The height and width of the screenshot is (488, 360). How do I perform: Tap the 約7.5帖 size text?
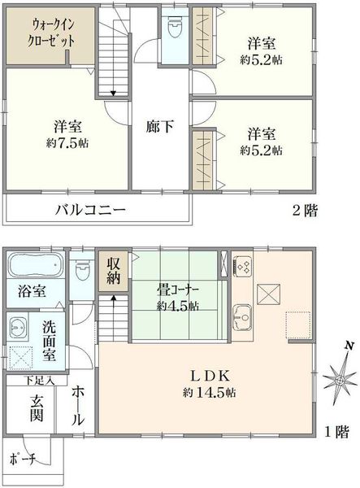click(67, 142)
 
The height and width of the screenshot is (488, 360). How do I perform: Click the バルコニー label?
click(90, 209)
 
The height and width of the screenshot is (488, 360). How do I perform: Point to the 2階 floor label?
click(305, 209)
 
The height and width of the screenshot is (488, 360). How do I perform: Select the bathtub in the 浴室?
click(37, 267)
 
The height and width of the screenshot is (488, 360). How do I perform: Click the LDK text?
click(212, 376)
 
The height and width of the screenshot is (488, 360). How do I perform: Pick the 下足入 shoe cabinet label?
click(31, 379)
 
